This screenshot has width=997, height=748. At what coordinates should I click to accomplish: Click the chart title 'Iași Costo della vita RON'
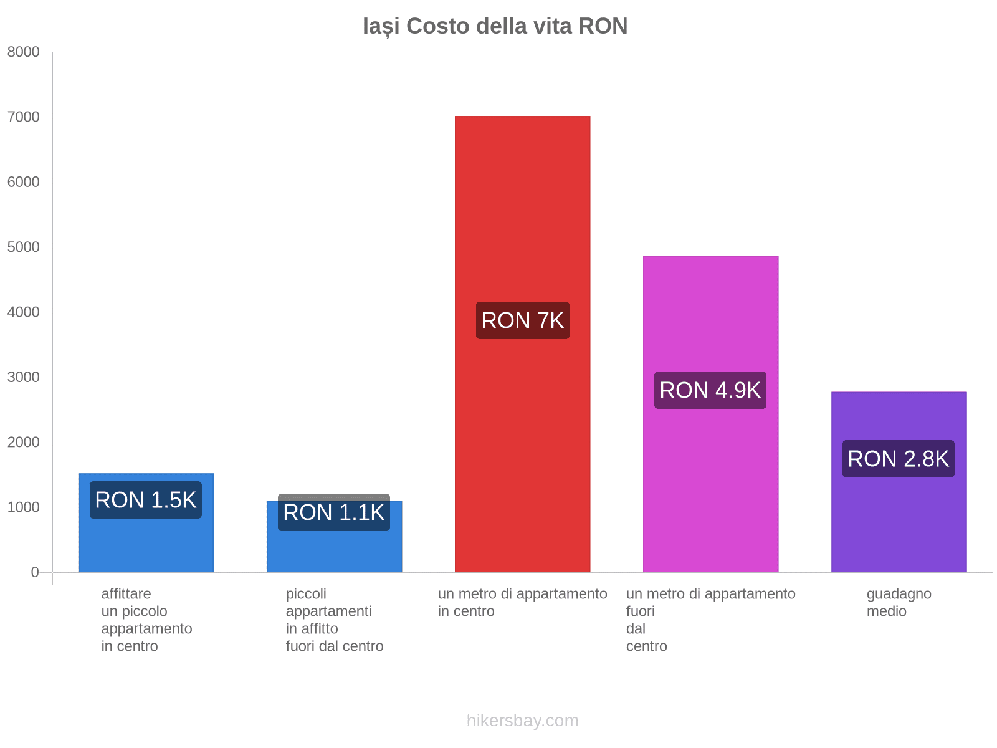click(495, 26)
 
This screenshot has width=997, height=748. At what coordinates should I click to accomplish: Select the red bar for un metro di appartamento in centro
click(522, 436)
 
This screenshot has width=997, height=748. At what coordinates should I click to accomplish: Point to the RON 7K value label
click(522, 320)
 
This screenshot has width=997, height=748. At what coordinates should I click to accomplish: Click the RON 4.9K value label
click(710, 390)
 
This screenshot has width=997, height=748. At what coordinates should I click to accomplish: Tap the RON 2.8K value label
click(899, 459)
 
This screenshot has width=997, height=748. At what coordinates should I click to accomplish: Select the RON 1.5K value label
click(146, 500)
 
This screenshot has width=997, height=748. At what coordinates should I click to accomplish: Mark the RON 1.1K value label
click(334, 512)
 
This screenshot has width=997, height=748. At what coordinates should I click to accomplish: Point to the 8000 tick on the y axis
click(24, 52)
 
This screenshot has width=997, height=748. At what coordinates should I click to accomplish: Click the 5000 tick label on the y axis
click(24, 247)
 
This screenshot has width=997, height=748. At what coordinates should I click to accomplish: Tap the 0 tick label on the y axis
click(35, 572)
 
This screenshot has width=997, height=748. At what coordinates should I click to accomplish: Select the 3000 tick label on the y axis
click(24, 377)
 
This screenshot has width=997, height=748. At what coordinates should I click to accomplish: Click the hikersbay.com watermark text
click(522, 721)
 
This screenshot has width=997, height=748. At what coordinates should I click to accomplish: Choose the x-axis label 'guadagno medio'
click(899, 602)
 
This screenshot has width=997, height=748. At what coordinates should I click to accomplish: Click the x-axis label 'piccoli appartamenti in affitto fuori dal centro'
click(334, 620)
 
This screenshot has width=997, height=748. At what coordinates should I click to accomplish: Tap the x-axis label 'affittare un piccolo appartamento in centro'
click(146, 620)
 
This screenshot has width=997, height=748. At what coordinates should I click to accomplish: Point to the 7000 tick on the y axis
click(24, 117)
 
